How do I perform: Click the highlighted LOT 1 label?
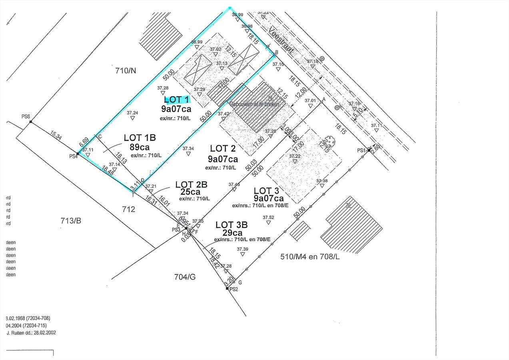pos(176,100)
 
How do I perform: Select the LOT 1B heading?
pos(140,138)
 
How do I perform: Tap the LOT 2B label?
pos(191,184)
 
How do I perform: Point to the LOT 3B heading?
pos(232,225)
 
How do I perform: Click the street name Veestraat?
pos(281,40)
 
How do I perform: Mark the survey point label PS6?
pos(26,117)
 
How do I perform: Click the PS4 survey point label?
pos(73,156)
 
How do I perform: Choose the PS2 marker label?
pos(234,289)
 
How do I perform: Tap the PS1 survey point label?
pos(361,150)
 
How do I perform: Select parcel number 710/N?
pos(126,71)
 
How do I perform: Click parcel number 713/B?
pos(70,220)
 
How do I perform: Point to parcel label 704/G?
pos(187,276)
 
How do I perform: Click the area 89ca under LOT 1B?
pos(140,147)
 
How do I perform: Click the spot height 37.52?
pos(268,218)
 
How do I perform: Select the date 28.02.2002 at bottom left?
pos(42,332)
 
